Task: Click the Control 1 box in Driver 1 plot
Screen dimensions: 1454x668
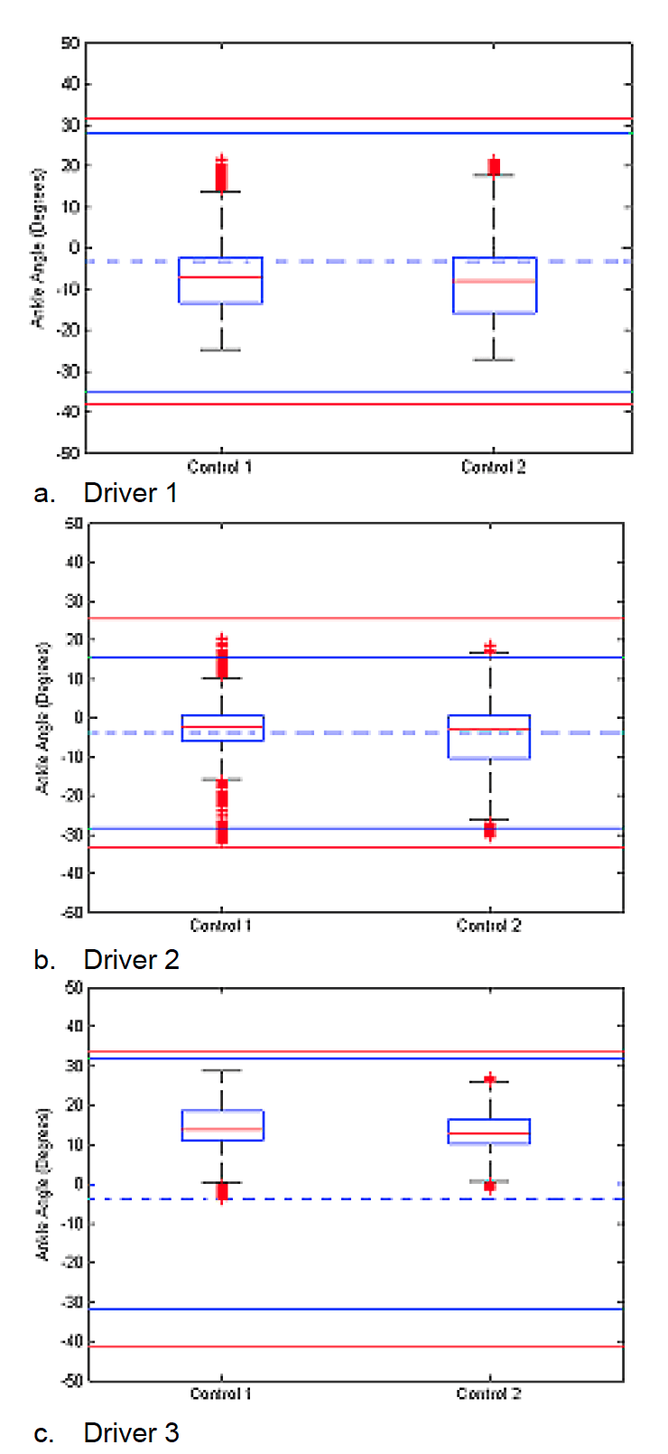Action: pos(221,281)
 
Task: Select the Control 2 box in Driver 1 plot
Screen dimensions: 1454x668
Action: pos(495,285)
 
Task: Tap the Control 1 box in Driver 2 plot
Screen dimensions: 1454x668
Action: pos(222,728)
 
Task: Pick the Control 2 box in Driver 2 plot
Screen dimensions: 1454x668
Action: pos(489,737)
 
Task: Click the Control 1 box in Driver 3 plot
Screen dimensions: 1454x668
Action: pos(222,1125)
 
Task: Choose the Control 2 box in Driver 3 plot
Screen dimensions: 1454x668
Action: pos(489,1132)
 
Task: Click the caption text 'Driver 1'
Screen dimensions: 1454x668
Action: pos(130,493)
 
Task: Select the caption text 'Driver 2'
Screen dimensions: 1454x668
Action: pos(131,959)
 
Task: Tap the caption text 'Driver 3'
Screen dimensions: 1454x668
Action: pos(131,1433)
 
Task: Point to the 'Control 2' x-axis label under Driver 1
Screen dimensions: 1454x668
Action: pos(493,467)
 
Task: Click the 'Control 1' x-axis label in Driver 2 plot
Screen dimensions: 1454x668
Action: pos(220,926)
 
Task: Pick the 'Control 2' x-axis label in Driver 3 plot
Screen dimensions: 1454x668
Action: pos(488,1393)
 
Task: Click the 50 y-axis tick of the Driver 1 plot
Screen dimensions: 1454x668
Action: pos(70,42)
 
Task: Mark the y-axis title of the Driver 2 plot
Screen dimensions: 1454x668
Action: pos(42,719)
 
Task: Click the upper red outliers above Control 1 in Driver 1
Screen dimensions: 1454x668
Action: pos(221,173)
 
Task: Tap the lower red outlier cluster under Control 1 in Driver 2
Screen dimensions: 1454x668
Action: pos(221,811)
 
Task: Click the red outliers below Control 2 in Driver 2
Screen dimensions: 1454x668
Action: pos(490,830)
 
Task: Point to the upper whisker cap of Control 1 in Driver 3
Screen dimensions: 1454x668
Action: pos(221,1070)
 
